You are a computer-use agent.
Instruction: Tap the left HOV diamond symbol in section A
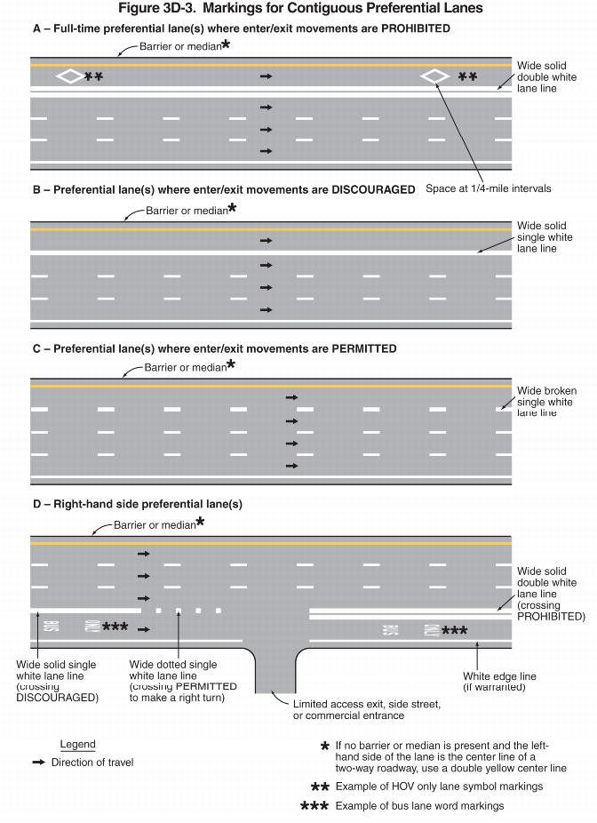point(69,76)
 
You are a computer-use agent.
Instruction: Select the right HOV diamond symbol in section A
point(434,76)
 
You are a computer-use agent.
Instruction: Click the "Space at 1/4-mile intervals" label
point(489,188)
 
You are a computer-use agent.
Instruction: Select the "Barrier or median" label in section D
point(154,525)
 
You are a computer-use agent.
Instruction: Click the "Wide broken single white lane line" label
point(546,402)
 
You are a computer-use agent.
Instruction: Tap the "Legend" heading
point(77,744)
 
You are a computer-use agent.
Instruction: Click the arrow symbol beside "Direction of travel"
point(38,763)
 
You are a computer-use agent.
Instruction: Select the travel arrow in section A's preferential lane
point(266,77)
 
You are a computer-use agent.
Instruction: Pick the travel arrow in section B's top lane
point(266,240)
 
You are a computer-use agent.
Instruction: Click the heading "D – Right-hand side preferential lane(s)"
point(138,504)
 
